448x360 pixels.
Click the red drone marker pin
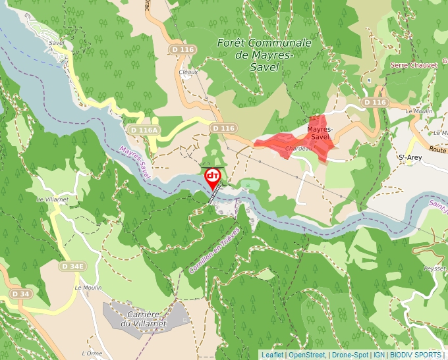click(213, 176)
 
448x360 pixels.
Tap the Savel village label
click(56, 43)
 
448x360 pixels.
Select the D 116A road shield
click(145, 130)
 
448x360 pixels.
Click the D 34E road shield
click(72, 267)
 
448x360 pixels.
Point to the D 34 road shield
click(20, 294)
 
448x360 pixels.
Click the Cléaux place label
click(188, 72)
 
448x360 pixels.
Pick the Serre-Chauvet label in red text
click(413, 65)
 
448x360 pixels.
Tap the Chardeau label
click(298, 149)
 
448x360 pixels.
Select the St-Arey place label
click(410, 157)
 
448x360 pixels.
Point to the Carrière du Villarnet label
click(142, 319)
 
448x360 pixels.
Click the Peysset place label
click(435, 269)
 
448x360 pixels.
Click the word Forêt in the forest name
click(233, 43)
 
